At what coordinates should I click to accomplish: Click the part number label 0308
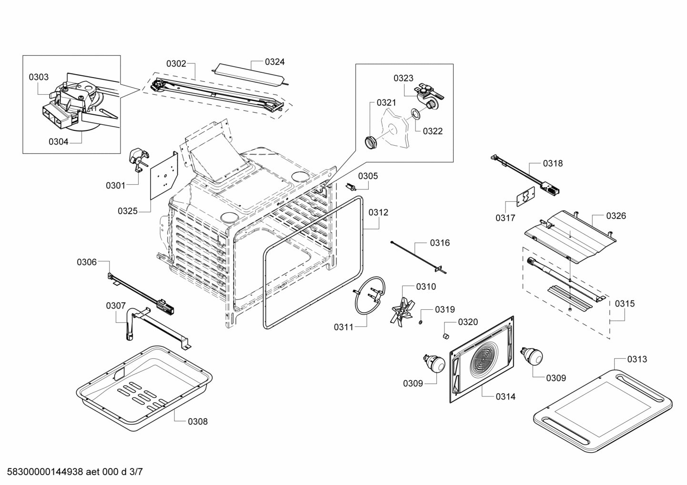[x=197, y=421]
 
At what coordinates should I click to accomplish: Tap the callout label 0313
[x=637, y=359]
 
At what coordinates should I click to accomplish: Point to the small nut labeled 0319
[x=421, y=324]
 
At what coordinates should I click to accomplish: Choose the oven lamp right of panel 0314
[x=533, y=356]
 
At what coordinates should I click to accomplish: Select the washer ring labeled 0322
[x=415, y=114]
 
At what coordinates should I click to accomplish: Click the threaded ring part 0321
[x=371, y=142]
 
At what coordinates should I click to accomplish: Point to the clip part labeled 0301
[x=139, y=158]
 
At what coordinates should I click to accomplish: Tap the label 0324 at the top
[x=275, y=61]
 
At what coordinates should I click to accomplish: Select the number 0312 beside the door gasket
[x=378, y=212]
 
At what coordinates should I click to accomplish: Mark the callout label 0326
[x=616, y=216]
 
